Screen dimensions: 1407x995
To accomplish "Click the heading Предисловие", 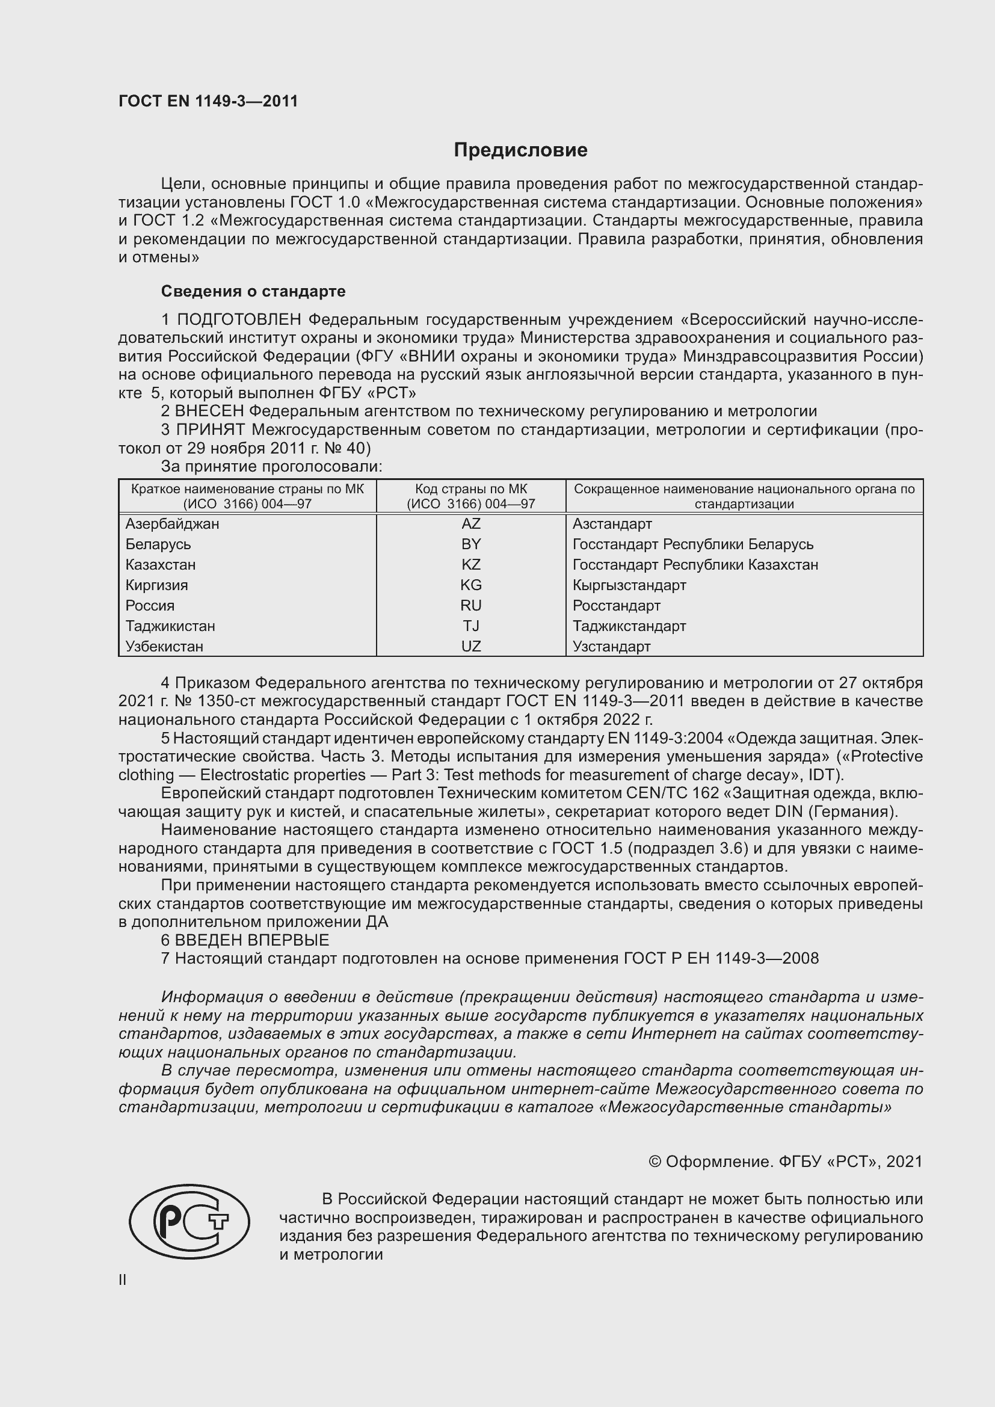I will coord(520,150).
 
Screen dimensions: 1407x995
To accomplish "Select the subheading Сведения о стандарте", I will coord(253,291).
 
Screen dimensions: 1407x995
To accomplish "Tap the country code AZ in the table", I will coord(470,524).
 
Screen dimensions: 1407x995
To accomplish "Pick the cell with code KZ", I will coord(470,564).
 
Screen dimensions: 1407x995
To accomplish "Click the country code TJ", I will coord(470,626).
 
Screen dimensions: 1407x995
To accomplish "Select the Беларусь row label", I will coord(158,544).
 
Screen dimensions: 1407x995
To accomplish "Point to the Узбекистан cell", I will coord(164,647).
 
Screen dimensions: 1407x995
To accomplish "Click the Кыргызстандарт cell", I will coord(629,585).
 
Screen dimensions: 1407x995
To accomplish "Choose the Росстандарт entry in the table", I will coord(617,606).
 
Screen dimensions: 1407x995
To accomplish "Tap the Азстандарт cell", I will coord(612,524).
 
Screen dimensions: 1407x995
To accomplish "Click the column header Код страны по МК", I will coord(470,496).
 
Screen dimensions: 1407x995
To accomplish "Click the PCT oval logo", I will coord(189,1221).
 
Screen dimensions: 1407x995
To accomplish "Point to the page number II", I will coord(123,1279).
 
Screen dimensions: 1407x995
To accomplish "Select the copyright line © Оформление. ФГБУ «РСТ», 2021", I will coord(785,1161).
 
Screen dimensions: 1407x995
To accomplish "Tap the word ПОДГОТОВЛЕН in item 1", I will coord(239,320).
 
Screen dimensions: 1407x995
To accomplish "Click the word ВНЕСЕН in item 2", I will coord(209,411).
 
